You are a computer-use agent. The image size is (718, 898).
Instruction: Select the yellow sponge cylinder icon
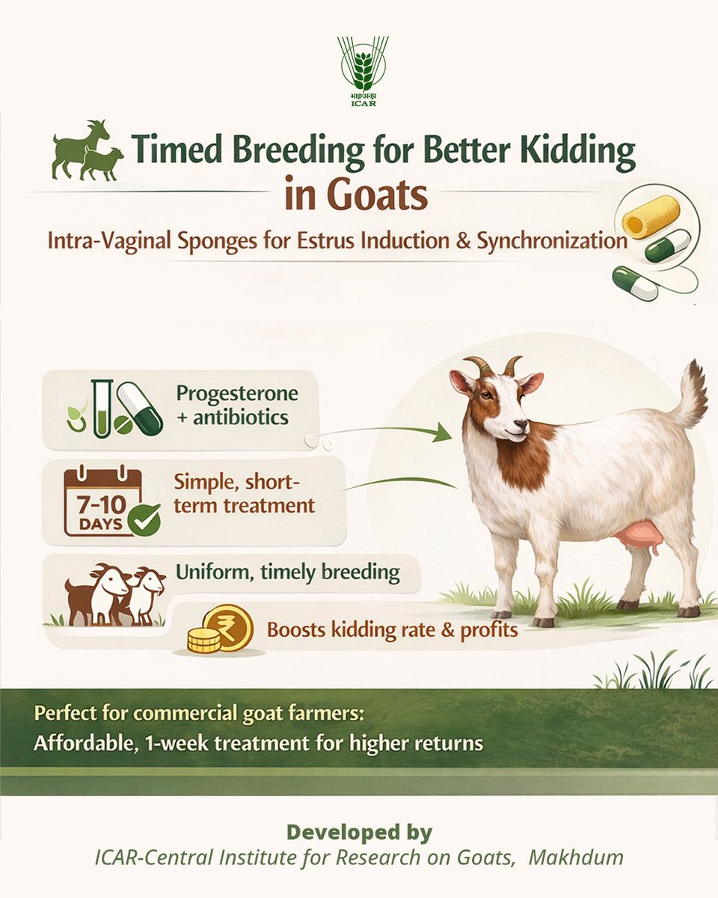click(651, 216)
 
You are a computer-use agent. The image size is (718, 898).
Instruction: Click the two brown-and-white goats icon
click(116, 594)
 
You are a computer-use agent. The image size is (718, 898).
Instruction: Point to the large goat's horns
click(494, 366)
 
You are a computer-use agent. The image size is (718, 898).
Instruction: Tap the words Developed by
click(359, 832)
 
